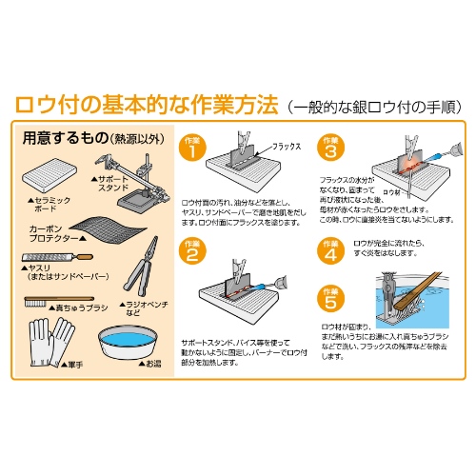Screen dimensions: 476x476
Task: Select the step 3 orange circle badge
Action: pyautogui.click(x=330, y=148)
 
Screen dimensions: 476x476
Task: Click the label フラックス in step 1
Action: pyautogui.click(x=287, y=149)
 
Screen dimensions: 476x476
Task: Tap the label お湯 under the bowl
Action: pyautogui.click(x=154, y=362)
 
